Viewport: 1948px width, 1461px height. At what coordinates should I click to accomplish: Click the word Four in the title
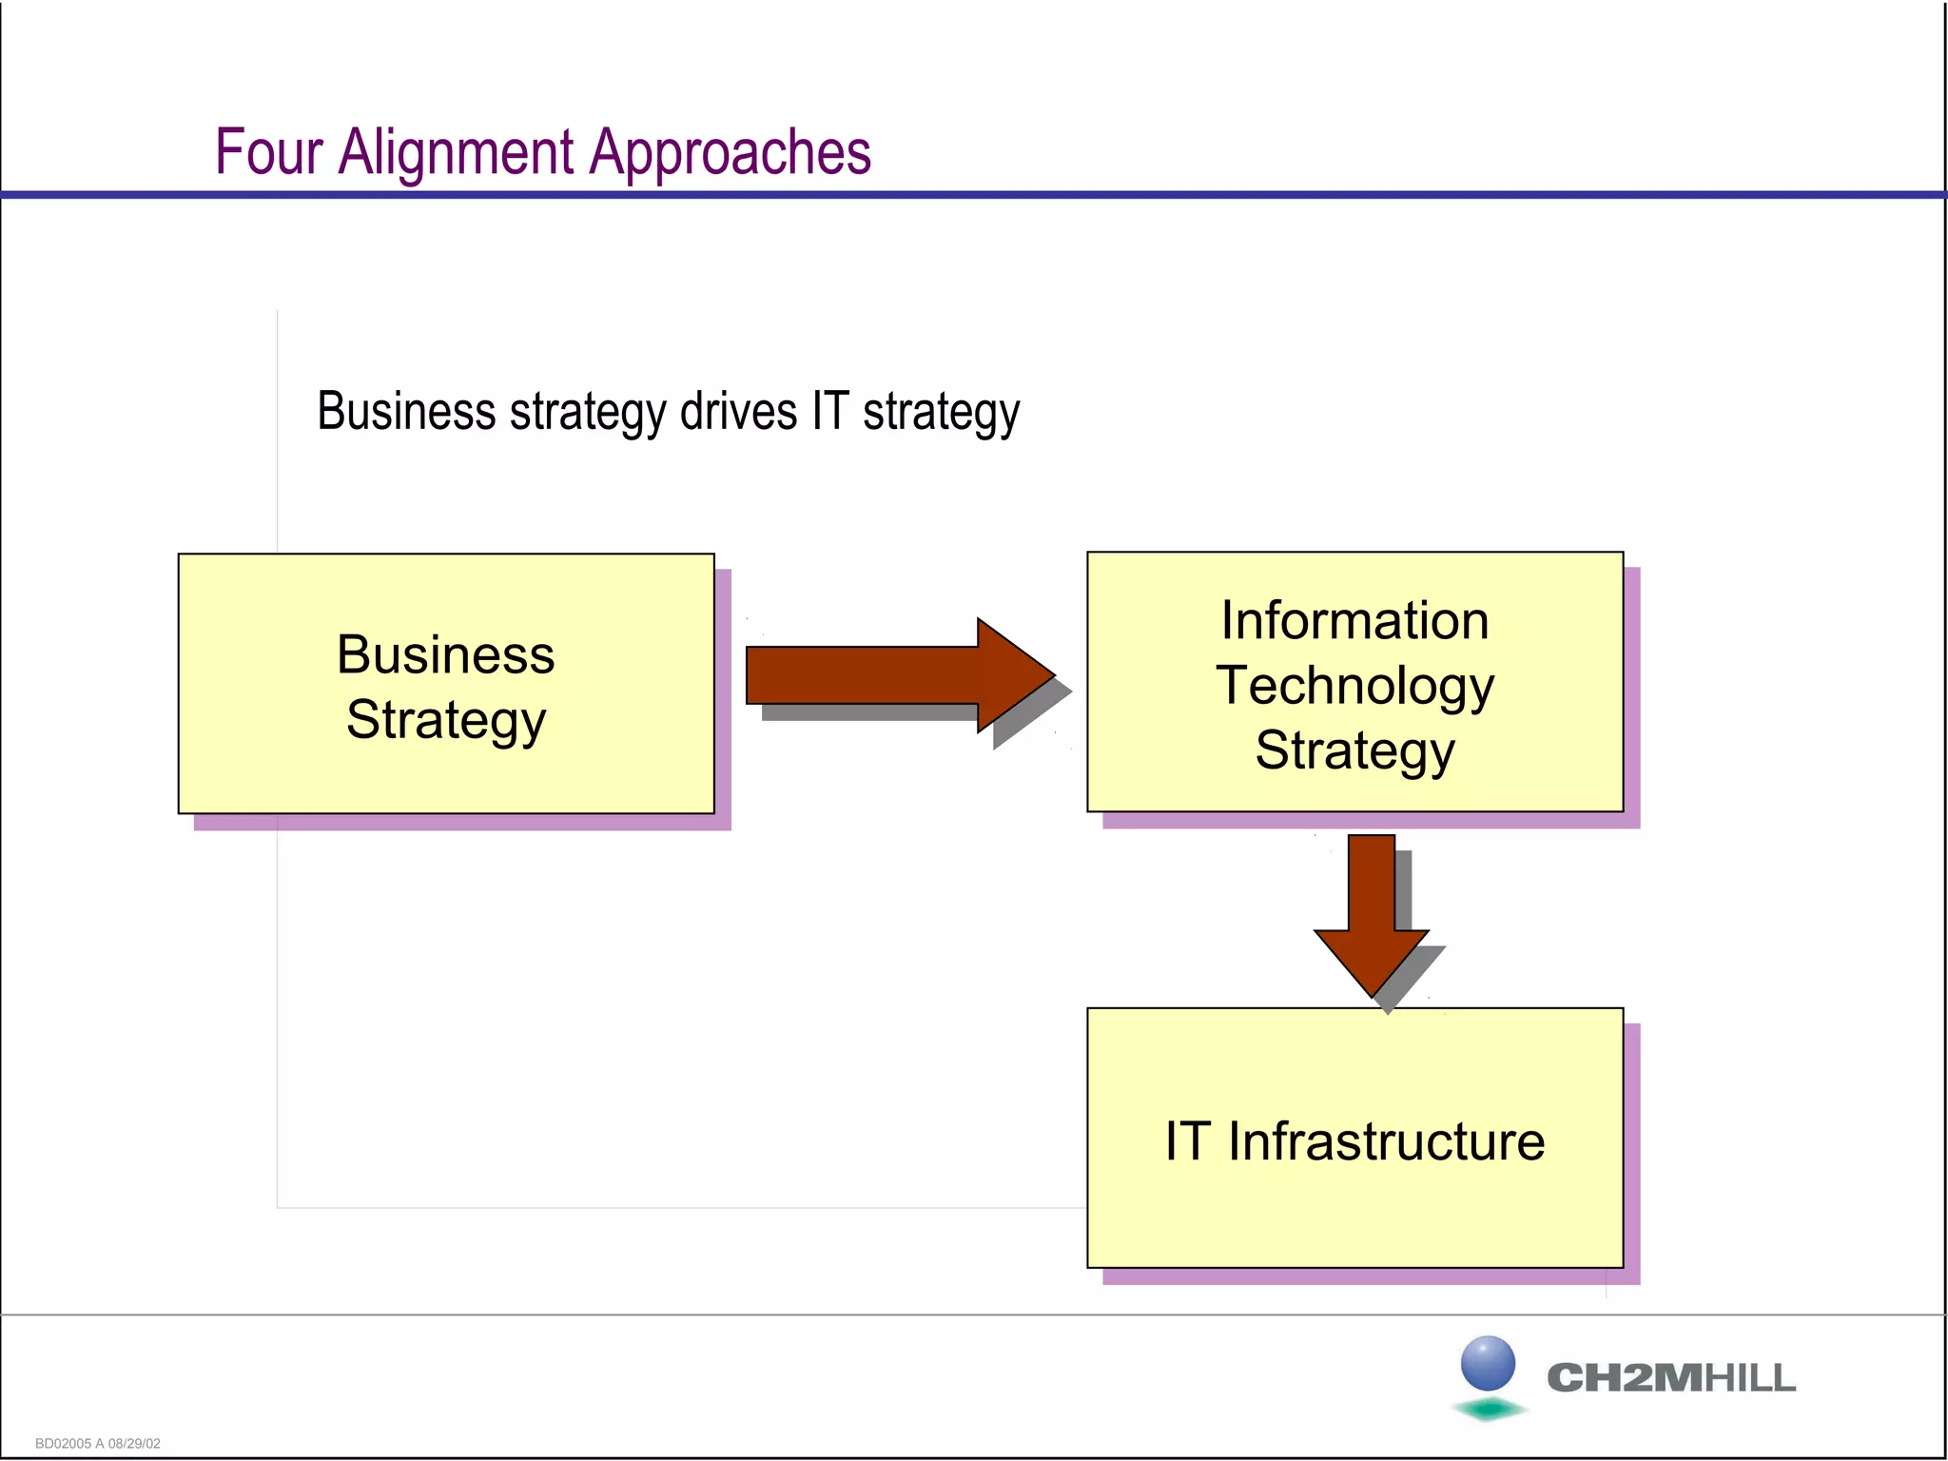269,152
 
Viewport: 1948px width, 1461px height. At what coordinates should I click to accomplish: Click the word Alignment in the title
457,152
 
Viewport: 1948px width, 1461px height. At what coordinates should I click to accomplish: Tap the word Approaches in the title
730,152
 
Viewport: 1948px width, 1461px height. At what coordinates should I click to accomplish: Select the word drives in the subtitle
738,412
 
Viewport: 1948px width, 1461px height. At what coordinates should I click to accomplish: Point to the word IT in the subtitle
829,412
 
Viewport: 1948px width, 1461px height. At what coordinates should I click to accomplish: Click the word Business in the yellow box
445,654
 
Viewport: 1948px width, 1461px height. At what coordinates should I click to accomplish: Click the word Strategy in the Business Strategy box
445,719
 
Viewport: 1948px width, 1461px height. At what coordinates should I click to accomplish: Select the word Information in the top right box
1354,620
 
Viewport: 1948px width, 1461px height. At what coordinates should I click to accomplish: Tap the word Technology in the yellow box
1354,685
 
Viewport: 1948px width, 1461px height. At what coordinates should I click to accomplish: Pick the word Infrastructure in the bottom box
1386,1140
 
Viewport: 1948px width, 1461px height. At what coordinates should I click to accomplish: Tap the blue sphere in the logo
1488,1363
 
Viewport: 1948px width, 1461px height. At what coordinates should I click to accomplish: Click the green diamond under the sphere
1490,1409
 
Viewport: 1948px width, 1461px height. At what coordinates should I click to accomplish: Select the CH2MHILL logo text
1670,1377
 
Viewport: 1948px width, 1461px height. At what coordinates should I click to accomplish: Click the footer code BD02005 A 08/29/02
98,1443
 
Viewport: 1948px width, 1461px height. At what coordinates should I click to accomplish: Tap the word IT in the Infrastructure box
1187,1140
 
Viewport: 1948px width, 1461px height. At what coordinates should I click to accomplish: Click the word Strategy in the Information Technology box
1354,750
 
